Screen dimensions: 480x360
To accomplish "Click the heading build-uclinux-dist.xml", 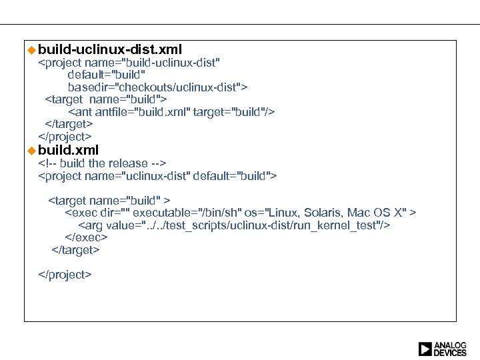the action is click(110, 49).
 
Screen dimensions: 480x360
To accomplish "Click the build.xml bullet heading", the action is click(68, 150).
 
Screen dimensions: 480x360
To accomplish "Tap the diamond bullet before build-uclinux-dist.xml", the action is click(31, 49).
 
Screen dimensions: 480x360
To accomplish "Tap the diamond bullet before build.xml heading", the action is click(31, 150).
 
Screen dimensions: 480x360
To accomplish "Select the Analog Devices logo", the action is click(442, 349).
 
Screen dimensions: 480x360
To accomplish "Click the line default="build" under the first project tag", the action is click(106, 75).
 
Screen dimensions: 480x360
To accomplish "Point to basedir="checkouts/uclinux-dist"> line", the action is click(157, 87).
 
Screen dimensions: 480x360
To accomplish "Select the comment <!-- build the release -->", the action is click(102, 163).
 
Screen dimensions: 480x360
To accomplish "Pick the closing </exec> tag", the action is click(86, 237).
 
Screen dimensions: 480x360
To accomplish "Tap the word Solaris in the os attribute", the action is click(321, 213).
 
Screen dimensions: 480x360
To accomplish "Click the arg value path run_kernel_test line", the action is click(234, 225).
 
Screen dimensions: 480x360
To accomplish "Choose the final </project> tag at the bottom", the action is click(65, 274).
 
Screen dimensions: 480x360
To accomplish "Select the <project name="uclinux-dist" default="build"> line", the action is click(157, 176).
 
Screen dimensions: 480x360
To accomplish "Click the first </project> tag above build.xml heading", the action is click(65, 137).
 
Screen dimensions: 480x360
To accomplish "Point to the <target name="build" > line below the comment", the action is click(109, 200).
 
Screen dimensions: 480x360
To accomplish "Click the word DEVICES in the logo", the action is click(451, 353).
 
